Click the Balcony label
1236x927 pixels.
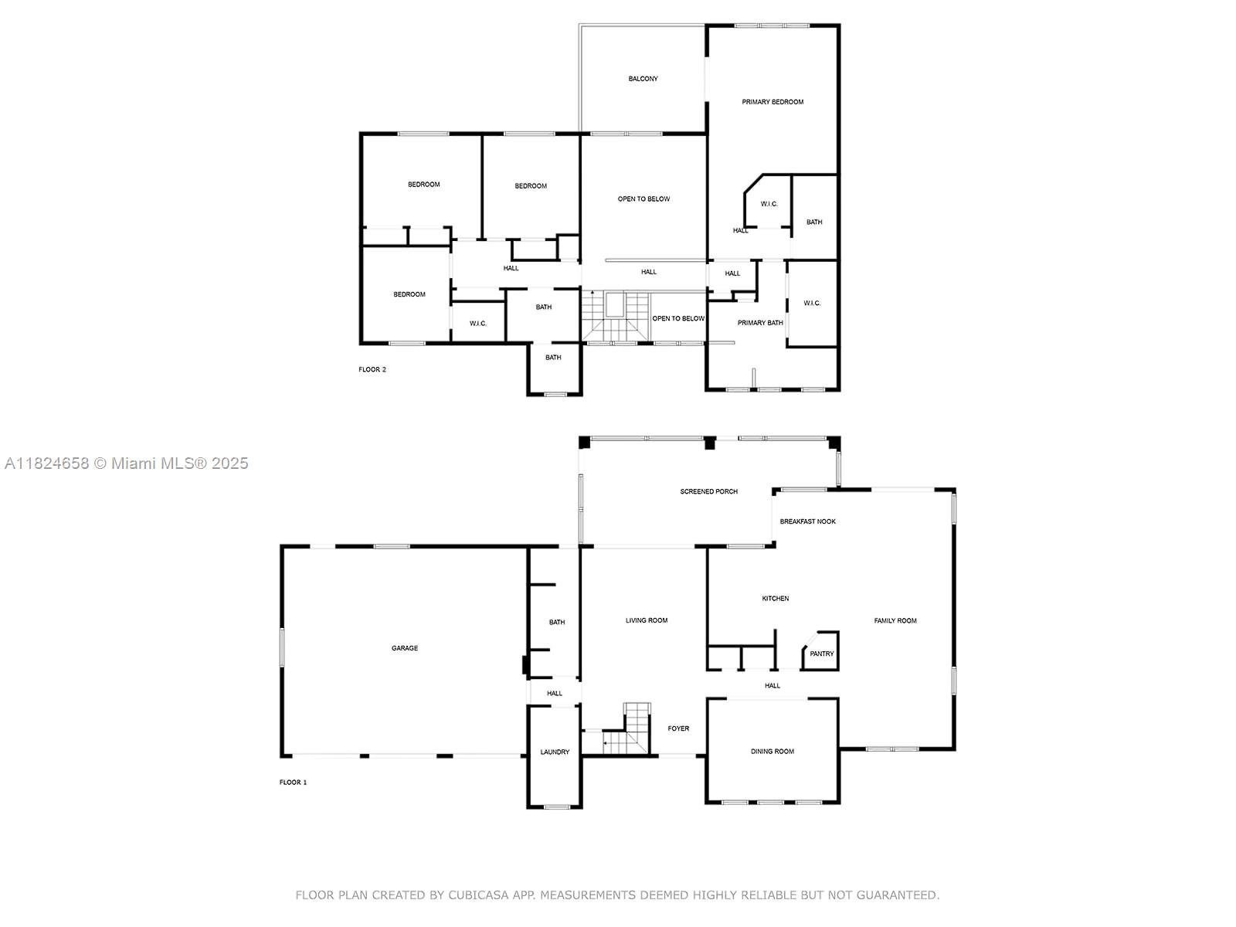tap(643, 79)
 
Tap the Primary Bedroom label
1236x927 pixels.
tap(772, 102)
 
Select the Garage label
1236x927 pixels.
tap(404, 648)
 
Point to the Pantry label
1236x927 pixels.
tap(821, 654)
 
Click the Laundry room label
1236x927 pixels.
tap(554, 752)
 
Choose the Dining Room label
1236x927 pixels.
tap(772, 751)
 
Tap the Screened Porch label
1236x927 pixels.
tap(708, 491)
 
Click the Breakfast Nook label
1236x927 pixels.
tap(807, 521)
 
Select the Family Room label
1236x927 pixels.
tap(895, 620)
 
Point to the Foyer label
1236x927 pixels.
tap(678, 728)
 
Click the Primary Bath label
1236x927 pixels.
tap(759, 322)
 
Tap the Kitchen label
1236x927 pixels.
tap(775, 598)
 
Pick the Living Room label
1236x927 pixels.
tap(646, 620)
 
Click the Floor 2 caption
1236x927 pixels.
tap(372, 369)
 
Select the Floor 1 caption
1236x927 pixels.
tap(293, 782)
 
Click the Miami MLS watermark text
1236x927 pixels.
tap(126, 463)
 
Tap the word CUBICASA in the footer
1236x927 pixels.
tap(478, 895)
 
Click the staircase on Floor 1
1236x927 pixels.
tap(625, 729)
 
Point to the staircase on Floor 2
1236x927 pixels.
tap(616, 316)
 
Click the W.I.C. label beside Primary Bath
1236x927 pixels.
tap(811, 303)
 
